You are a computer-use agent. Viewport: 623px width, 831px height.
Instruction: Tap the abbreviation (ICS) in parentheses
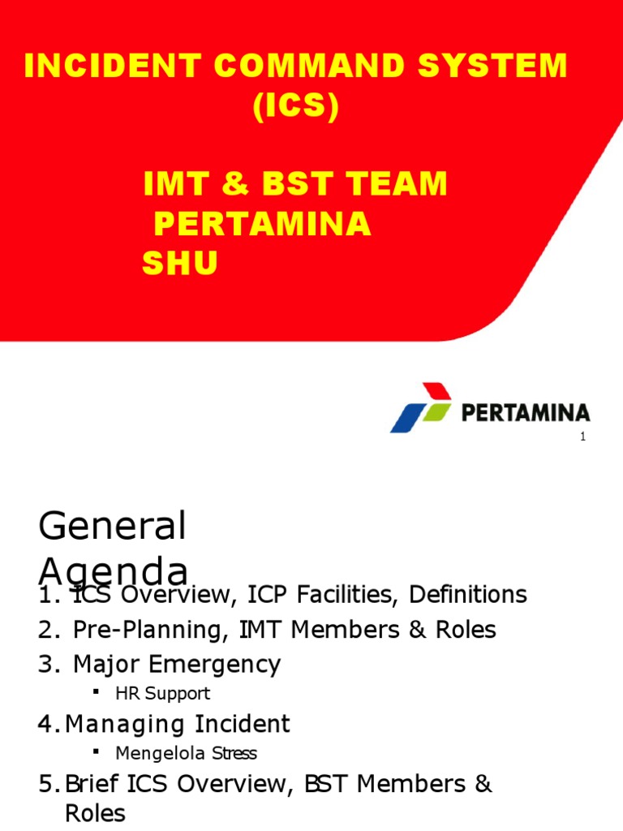[295, 109]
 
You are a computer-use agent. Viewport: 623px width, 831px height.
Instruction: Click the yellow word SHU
[180, 263]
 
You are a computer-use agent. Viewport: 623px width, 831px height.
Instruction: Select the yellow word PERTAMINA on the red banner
[263, 225]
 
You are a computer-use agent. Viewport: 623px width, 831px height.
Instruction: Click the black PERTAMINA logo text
[526, 413]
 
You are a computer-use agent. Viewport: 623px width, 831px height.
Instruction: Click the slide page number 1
[582, 438]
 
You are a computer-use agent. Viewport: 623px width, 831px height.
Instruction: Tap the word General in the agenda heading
[112, 527]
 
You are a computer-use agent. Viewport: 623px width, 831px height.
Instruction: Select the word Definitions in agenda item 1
[468, 595]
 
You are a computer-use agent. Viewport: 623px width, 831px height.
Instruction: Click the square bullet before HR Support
[97, 691]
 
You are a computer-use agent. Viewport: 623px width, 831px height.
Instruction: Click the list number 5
[45, 785]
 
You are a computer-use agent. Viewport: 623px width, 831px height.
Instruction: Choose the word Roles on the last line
[95, 813]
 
